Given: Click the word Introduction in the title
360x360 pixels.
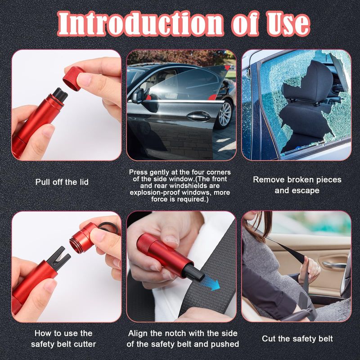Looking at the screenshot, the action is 140,24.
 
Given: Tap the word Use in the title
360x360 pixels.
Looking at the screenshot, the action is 288,24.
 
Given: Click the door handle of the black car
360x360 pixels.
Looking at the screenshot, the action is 198,117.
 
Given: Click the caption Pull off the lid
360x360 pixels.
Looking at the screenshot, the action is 62,182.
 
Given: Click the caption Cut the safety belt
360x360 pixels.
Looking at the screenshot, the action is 297,339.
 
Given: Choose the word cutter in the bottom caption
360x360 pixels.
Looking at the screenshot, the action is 85,344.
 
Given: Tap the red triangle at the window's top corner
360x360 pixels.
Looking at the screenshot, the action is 227,67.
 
